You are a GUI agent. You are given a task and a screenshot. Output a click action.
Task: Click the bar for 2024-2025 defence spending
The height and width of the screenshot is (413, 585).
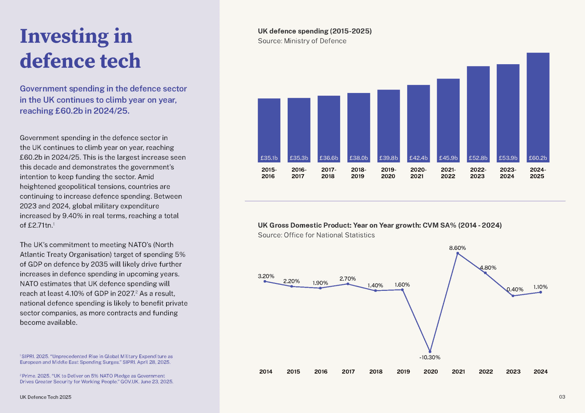538,107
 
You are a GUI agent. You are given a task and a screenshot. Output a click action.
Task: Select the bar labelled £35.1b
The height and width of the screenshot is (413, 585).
269,130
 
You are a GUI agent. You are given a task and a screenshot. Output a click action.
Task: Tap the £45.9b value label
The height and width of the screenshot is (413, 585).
448,158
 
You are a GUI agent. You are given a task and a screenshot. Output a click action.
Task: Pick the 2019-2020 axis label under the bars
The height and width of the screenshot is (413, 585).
388,173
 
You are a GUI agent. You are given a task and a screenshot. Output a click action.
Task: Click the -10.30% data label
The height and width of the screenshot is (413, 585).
430,357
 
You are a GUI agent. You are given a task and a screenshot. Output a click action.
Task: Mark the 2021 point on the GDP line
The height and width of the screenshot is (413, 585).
458,253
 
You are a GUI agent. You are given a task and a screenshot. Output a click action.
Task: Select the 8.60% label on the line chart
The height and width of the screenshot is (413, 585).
457,248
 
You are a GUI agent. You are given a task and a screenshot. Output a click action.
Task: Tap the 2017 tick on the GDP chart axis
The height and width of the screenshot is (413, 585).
348,371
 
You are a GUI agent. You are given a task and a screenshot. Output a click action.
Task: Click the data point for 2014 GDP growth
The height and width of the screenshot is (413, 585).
265,281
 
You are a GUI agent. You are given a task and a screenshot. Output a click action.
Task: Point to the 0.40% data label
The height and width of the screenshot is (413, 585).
515,289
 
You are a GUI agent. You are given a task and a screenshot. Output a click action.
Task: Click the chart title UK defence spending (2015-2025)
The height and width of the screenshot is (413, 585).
314,31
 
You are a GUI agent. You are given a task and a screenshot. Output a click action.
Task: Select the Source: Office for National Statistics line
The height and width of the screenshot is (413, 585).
316,235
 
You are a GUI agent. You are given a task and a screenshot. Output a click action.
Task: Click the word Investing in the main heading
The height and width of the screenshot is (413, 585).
64,36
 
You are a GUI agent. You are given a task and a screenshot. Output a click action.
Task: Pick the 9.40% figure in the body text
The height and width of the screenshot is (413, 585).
72,216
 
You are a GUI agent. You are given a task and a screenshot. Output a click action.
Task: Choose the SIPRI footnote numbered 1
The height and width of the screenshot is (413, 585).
96,359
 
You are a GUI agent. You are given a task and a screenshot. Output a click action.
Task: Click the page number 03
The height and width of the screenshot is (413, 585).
562,397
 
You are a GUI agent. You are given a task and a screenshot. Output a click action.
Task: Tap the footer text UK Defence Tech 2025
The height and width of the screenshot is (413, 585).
46,397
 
